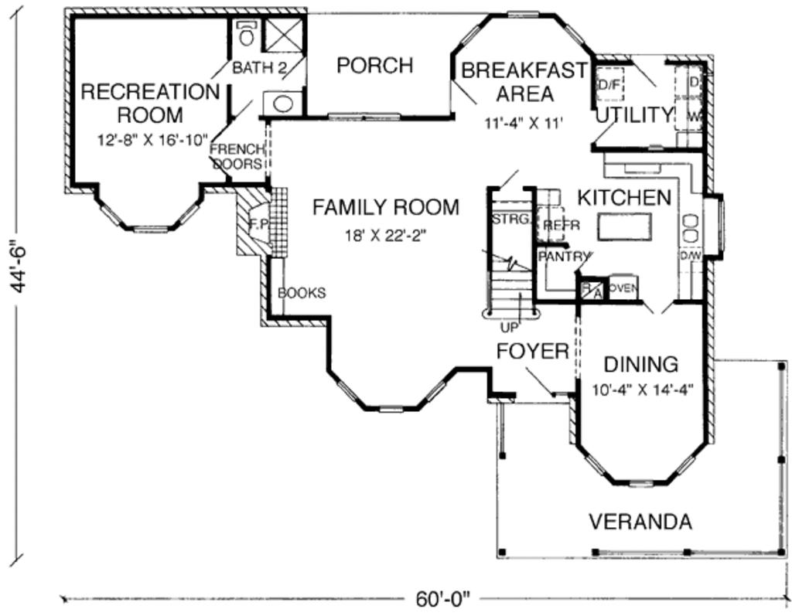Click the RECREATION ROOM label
150,104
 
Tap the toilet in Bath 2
247,36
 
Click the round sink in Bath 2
283,103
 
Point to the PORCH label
374,66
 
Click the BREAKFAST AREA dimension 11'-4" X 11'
523,121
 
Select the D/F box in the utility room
609,85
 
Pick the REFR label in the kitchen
556,225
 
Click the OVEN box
623,288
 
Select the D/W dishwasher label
690,255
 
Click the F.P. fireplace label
258,224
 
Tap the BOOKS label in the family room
302,293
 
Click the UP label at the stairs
510,326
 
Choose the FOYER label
532,351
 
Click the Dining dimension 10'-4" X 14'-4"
641,390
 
